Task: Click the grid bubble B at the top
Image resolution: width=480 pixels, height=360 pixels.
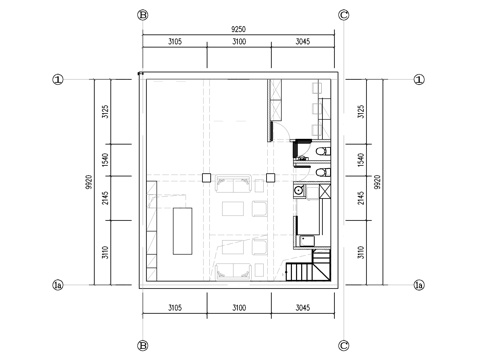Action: click(x=143, y=15)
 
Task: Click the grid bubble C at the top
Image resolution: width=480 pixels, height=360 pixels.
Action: click(x=344, y=15)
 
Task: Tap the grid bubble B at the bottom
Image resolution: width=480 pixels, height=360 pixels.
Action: click(x=143, y=345)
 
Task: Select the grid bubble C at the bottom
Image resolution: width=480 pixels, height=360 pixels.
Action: click(x=344, y=345)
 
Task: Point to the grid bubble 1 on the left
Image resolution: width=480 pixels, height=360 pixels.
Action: click(x=58, y=79)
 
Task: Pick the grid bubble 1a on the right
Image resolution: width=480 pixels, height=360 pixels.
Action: click(x=419, y=285)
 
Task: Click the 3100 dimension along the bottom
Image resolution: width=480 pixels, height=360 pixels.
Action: click(x=238, y=307)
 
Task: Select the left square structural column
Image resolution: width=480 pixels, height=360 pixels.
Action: click(x=206, y=178)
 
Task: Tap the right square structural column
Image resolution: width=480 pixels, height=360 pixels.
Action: click(x=270, y=178)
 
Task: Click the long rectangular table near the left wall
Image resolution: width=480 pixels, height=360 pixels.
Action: click(x=183, y=231)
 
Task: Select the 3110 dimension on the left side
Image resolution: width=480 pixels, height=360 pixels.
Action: click(x=104, y=255)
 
